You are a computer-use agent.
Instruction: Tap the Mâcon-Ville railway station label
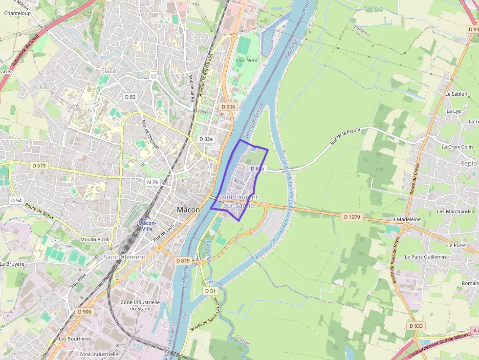point(147,226)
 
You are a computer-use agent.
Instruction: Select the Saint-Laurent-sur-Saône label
point(239,201)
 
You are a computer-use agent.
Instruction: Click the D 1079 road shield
point(351,216)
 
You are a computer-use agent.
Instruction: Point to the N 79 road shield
point(153,182)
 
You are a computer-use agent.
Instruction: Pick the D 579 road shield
point(39,166)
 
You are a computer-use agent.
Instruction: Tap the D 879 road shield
point(182,261)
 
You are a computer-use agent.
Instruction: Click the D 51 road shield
point(210,291)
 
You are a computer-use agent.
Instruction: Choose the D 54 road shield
point(16,200)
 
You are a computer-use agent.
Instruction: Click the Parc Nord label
point(246,61)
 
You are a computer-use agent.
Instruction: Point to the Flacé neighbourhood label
point(109,71)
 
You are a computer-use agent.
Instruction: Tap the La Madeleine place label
point(405,220)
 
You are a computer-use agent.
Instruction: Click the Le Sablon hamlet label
point(456,94)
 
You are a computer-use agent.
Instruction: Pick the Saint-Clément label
point(124,257)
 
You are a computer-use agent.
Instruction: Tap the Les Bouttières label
point(75,339)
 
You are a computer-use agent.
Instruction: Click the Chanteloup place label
point(18,13)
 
